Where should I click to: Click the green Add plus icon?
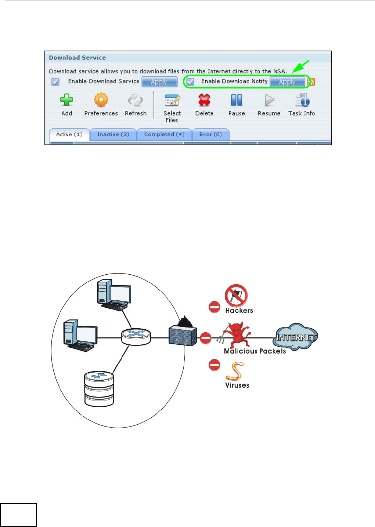point(66,100)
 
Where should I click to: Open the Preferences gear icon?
point(101,100)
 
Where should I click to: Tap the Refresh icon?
point(135,100)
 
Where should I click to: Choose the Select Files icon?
point(172,100)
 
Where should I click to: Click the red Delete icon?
point(204,100)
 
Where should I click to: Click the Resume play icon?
point(269,100)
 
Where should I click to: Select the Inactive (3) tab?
point(113,135)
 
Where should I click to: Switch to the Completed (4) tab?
point(164,135)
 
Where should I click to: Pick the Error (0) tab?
point(210,135)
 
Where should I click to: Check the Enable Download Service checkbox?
point(55,81)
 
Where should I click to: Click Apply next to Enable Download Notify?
point(287,82)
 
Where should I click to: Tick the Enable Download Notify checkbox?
point(190,81)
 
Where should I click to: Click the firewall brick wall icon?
point(183,334)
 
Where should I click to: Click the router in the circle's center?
point(136,336)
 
